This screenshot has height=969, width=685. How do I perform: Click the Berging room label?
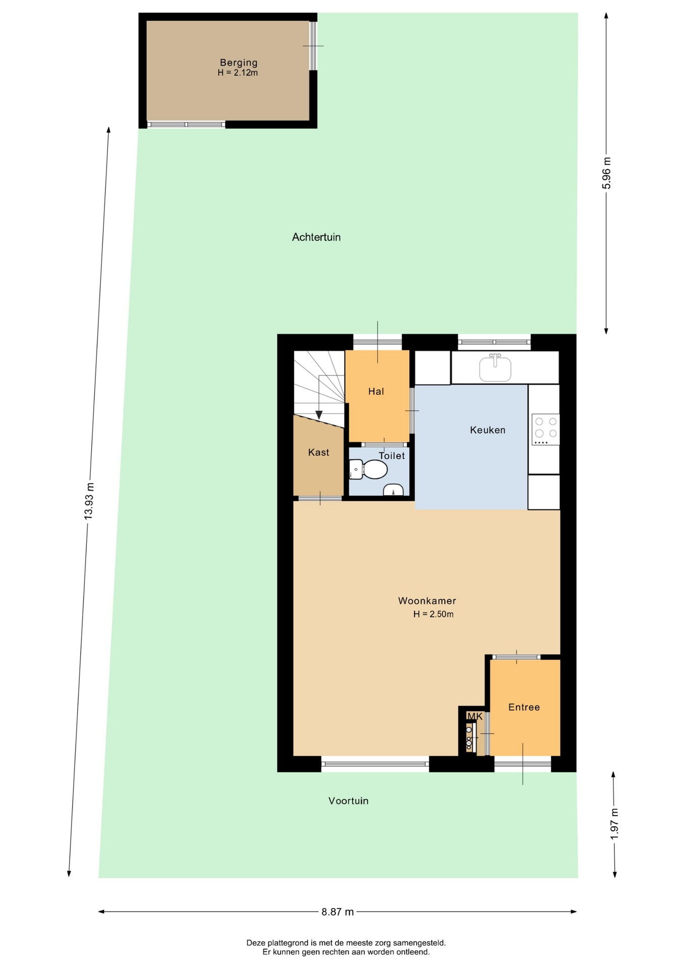pyautogui.click(x=239, y=63)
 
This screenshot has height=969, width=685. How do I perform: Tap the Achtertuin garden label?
pyautogui.click(x=316, y=237)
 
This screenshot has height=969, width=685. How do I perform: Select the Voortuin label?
pyautogui.click(x=349, y=801)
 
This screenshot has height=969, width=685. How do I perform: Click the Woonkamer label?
pyautogui.click(x=427, y=601)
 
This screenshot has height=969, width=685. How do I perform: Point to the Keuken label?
pyautogui.click(x=487, y=430)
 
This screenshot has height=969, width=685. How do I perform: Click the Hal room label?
pyautogui.click(x=376, y=391)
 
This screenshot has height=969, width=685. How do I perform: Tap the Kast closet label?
pyautogui.click(x=319, y=452)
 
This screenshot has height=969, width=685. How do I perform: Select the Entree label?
pyautogui.click(x=524, y=707)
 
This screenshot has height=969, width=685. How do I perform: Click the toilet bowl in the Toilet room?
pyautogui.click(x=373, y=469)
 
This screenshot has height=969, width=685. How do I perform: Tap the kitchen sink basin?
pyautogui.click(x=495, y=368)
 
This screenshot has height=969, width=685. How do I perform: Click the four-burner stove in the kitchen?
pyautogui.click(x=546, y=429)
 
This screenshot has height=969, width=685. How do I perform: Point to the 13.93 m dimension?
pyautogui.click(x=89, y=501)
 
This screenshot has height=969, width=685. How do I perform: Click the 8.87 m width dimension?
pyautogui.click(x=337, y=912)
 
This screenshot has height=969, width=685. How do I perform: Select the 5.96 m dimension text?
pyautogui.click(x=606, y=173)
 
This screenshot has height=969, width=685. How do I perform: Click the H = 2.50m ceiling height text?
pyautogui.click(x=433, y=614)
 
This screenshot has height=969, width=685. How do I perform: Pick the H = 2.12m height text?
pyautogui.click(x=238, y=73)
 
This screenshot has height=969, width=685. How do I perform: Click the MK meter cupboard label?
pyautogui.click(x=475, y=716)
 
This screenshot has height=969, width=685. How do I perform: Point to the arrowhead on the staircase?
pyautogui.click(x=319, y=415)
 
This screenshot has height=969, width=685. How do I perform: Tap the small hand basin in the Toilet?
pyautogui.click(x=393, y=490)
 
